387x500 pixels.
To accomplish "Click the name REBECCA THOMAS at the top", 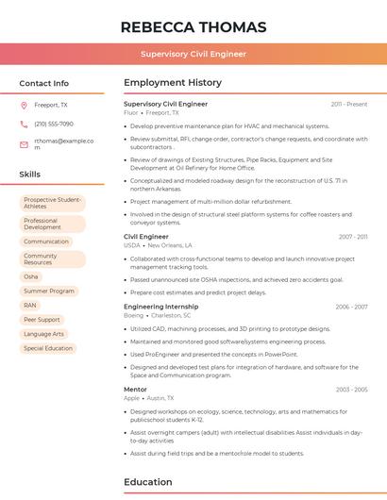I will pos(193,26).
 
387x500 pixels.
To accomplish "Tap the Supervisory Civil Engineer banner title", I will pos(193,54).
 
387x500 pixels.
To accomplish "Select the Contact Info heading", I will pos(43,83).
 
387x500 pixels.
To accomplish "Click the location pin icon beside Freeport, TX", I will pos(24,106).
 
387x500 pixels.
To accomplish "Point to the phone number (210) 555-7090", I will pos(54,124).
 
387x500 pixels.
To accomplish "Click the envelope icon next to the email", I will pos(24,143).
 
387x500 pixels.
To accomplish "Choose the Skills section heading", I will pos(29,175).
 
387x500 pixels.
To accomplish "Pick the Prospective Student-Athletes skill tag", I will pos(52,203).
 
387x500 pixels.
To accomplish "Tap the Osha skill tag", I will pos(31,276).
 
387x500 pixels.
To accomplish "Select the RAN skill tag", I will pos(30,305).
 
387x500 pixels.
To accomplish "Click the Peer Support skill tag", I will pos(42,320).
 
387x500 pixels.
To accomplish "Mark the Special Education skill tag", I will pos(47,348).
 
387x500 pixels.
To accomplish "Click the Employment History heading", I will pos(173,83).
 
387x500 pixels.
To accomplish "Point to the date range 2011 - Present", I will pos(348,104).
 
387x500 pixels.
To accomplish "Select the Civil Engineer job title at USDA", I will pos(146,237).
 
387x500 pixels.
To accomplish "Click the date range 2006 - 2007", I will pos(351,307).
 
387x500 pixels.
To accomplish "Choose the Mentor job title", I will pos(135,389).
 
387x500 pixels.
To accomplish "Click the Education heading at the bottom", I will pos(148,482).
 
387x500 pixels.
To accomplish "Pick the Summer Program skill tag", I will pos(48,291).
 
